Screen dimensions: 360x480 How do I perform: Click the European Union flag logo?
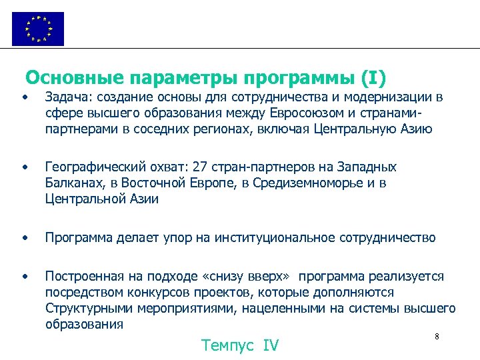[38, 29]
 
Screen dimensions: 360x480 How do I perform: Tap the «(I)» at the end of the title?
[373, 78]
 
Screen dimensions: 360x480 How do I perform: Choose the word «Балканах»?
[75, 183]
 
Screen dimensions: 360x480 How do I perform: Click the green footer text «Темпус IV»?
[240, 345]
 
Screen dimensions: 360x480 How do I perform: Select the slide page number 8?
[436, 336]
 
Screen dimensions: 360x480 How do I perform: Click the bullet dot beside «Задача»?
[24, 98]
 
